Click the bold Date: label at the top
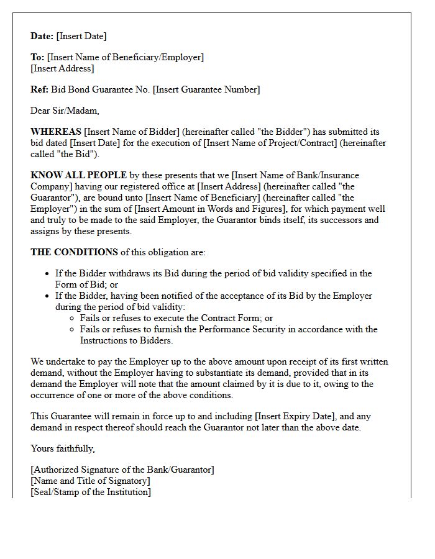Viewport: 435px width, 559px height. (x=42, y=36)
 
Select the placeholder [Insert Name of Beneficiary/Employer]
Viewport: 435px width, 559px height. (x=125, y=57)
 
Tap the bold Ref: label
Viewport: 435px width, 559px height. (x=39, y=89)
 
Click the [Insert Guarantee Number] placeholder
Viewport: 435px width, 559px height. (x=206, y=89)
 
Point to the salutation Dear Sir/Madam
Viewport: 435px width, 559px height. (x=65, y=111)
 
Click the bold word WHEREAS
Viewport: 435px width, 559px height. (x=56, y=132)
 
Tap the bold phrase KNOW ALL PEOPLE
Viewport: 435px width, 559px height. (x=78, y=175)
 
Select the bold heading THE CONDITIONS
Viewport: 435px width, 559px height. (x=74, y=252)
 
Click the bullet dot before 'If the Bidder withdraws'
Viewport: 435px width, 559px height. (x=48, y=274)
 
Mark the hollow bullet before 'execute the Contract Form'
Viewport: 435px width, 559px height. (x=73, y=319)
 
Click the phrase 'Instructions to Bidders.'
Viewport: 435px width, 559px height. (x=126, y=340)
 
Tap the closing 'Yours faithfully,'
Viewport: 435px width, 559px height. (x=63, y=448)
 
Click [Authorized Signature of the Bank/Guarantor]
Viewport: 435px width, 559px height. (x=122, y=470)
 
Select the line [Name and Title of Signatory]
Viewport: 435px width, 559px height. (x=90, y=481)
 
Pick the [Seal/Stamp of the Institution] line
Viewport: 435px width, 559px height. (x=91, y=492)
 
